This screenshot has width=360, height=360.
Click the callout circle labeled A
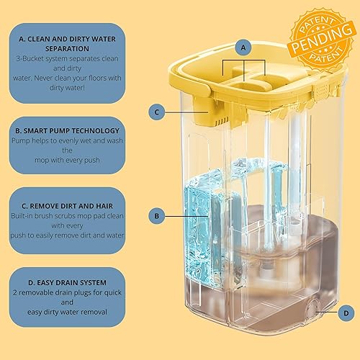coord(244,47)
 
